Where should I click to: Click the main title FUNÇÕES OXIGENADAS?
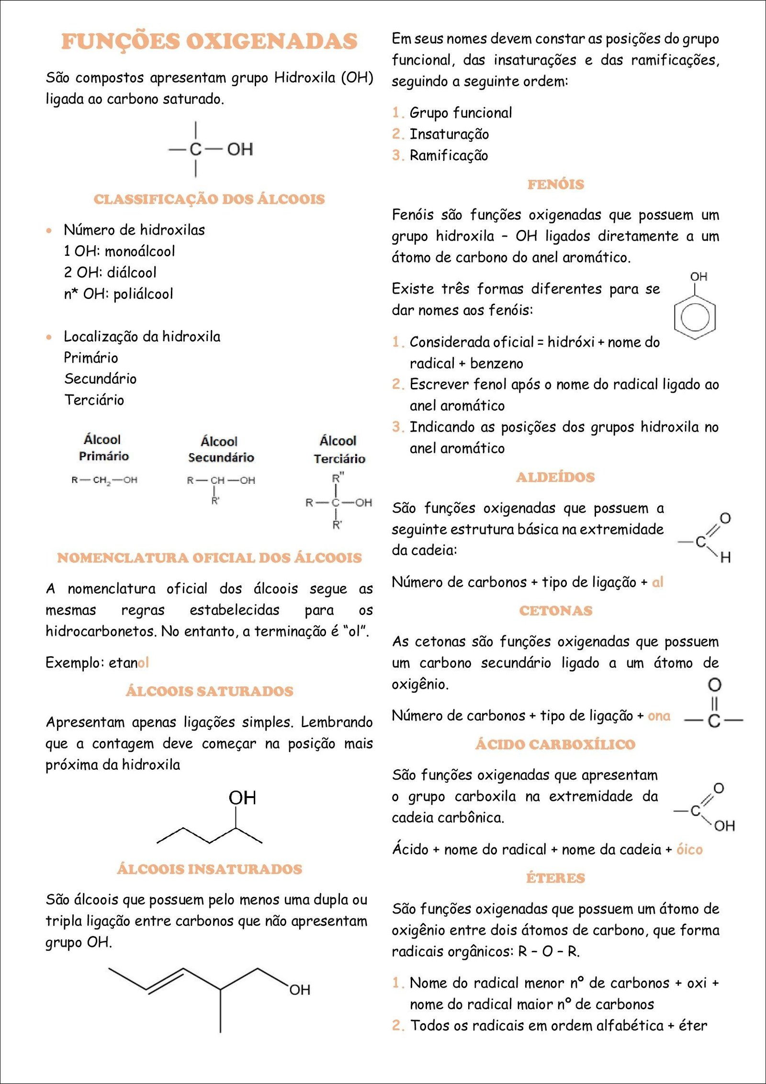209,41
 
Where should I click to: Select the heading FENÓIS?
555,184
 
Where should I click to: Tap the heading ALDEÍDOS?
555,477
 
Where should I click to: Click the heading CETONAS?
555,611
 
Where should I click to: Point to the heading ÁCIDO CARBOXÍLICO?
555,744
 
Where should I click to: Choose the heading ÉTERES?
555,878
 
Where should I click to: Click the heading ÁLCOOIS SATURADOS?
209,691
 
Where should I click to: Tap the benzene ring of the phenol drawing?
695,317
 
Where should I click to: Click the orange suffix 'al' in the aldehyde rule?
657,582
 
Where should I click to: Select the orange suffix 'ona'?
659,716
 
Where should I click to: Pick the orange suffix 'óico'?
689,850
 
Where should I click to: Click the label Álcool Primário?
103,447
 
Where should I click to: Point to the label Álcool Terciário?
339,449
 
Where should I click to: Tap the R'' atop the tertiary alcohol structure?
338,478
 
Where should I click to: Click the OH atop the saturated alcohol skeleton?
242,798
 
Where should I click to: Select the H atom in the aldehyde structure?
725,557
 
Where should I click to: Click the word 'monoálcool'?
140,251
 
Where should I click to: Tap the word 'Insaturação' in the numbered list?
449,135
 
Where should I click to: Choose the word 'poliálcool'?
143,294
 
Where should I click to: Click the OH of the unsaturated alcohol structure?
300,990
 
